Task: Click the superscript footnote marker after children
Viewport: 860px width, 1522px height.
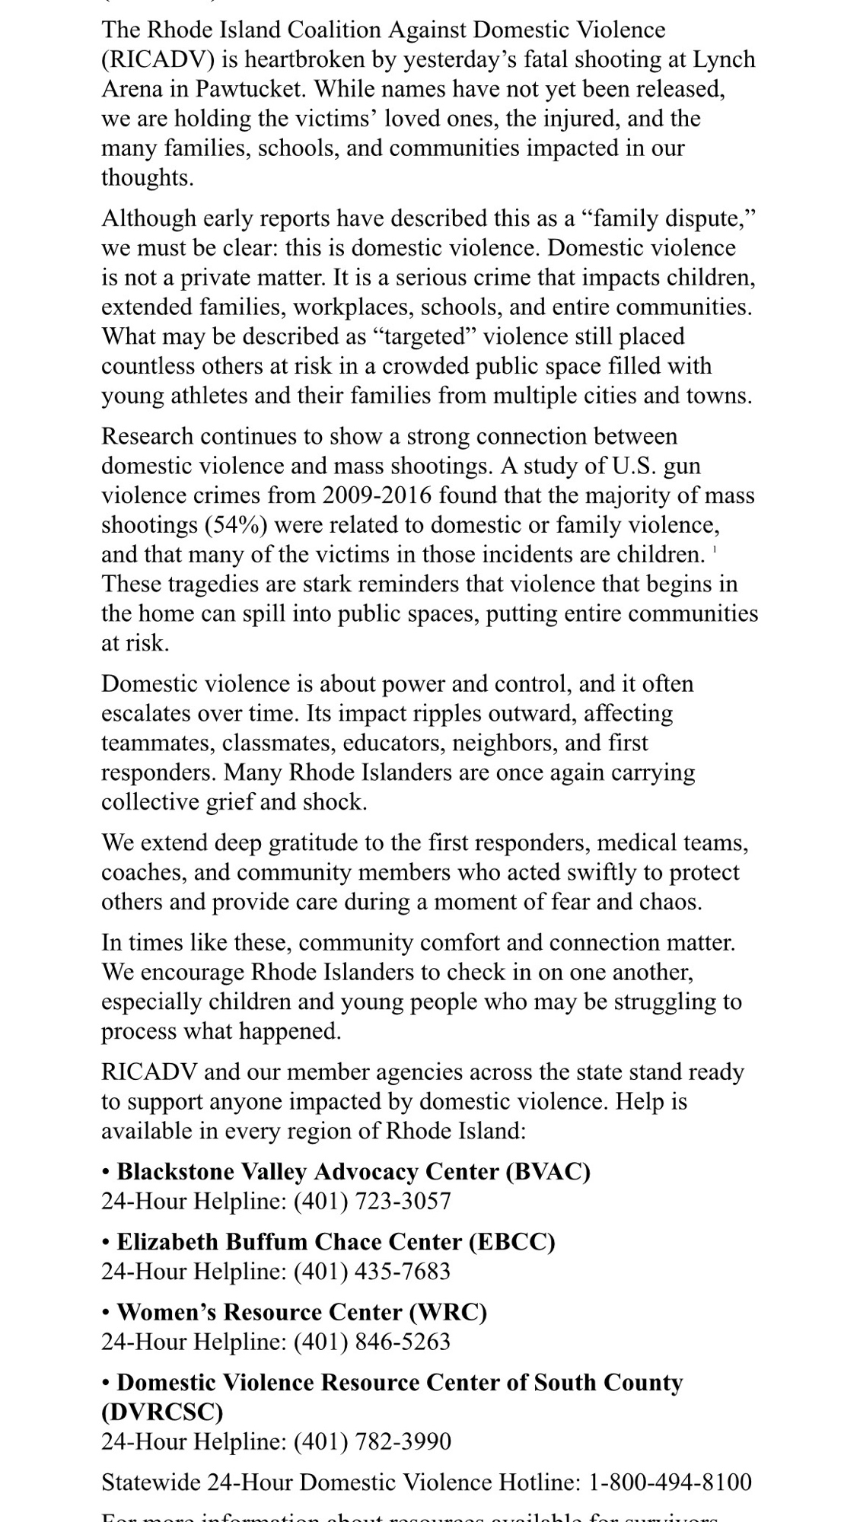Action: pos(715,549)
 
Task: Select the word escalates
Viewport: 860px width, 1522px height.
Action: pos(148,714)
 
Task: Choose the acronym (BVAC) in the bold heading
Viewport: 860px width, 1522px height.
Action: pos(548,1172)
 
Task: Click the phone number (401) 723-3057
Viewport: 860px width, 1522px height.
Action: pos(372,1202)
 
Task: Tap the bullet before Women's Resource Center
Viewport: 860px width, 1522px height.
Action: pos(107,1313)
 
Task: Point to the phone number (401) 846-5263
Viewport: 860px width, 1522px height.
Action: pos(372,1342)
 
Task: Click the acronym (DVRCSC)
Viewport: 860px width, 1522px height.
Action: pos(162,1412)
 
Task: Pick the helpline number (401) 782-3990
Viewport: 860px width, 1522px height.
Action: pos(372,1441)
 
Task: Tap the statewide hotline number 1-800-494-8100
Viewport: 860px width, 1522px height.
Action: pos(670,1482)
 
